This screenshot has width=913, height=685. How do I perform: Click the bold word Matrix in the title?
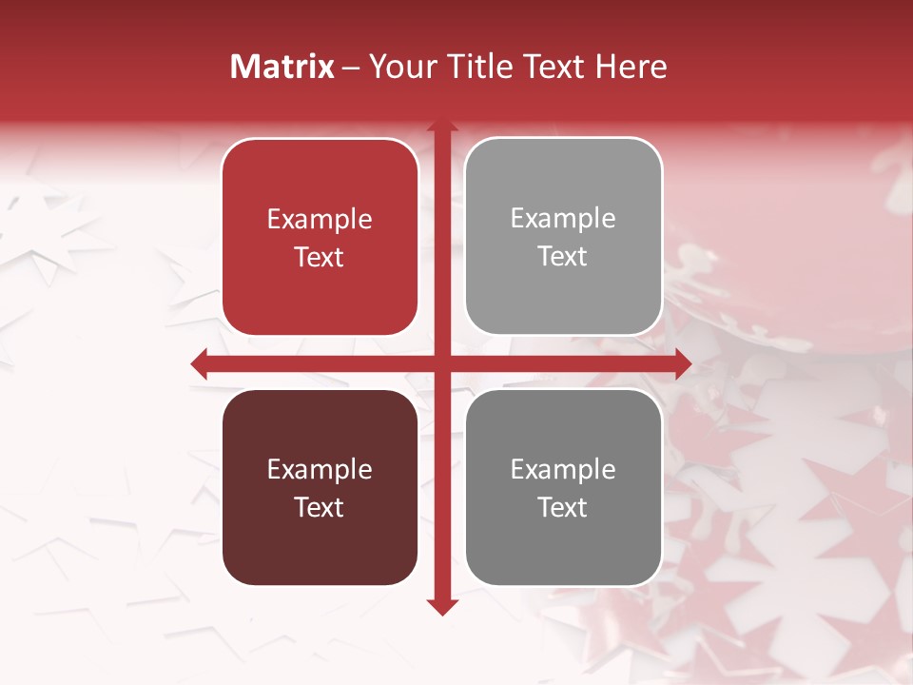[x=282, y=67]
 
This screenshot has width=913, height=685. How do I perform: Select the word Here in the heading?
[x=631, y=67]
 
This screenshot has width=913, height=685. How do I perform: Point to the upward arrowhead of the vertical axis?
[x=441, y=126]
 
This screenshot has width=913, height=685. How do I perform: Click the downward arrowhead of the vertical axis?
[x=441, y=607]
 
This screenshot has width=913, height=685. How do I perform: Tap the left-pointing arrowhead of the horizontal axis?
[x=199, y=363]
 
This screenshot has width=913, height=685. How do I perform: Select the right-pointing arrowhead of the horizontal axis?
[x=683, y=363]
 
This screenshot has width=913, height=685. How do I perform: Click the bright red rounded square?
[x=320, y=237]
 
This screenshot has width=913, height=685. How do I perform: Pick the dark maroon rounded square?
[x=320, y=487]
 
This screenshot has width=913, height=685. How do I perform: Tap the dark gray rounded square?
[x=563, y=487]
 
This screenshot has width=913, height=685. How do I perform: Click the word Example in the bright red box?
[x=320, y=220]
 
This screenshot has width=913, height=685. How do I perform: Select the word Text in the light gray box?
[x=563, y=256]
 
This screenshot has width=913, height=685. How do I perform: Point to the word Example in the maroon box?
[x=320, y=470]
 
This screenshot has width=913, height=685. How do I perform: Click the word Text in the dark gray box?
[x=563, y=507]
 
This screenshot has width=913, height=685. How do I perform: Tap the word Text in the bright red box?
[x=320, y=257]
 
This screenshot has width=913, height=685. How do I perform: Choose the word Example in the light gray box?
[x=563, y=219]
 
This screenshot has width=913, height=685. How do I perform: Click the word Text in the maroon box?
[x=320, y=507]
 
